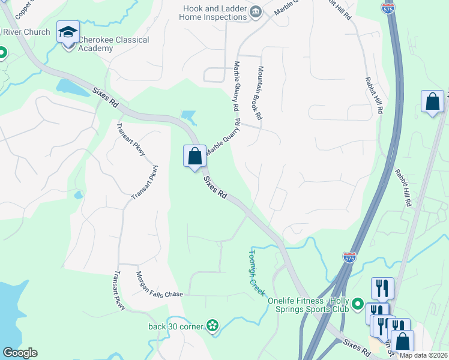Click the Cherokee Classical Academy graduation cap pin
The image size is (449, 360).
[x=68, y=32]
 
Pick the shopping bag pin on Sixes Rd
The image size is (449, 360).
[x=194, y=157]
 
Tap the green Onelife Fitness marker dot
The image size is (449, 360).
[x=358, y=304]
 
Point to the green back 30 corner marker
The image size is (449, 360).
[x=212, y=326]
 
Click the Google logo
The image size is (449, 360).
[x=20, y=353]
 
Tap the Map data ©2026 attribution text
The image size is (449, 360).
[x=423, y=355]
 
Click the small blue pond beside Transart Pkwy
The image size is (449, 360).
[x=78, y=195]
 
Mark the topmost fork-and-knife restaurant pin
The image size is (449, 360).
[x=382, y=289]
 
